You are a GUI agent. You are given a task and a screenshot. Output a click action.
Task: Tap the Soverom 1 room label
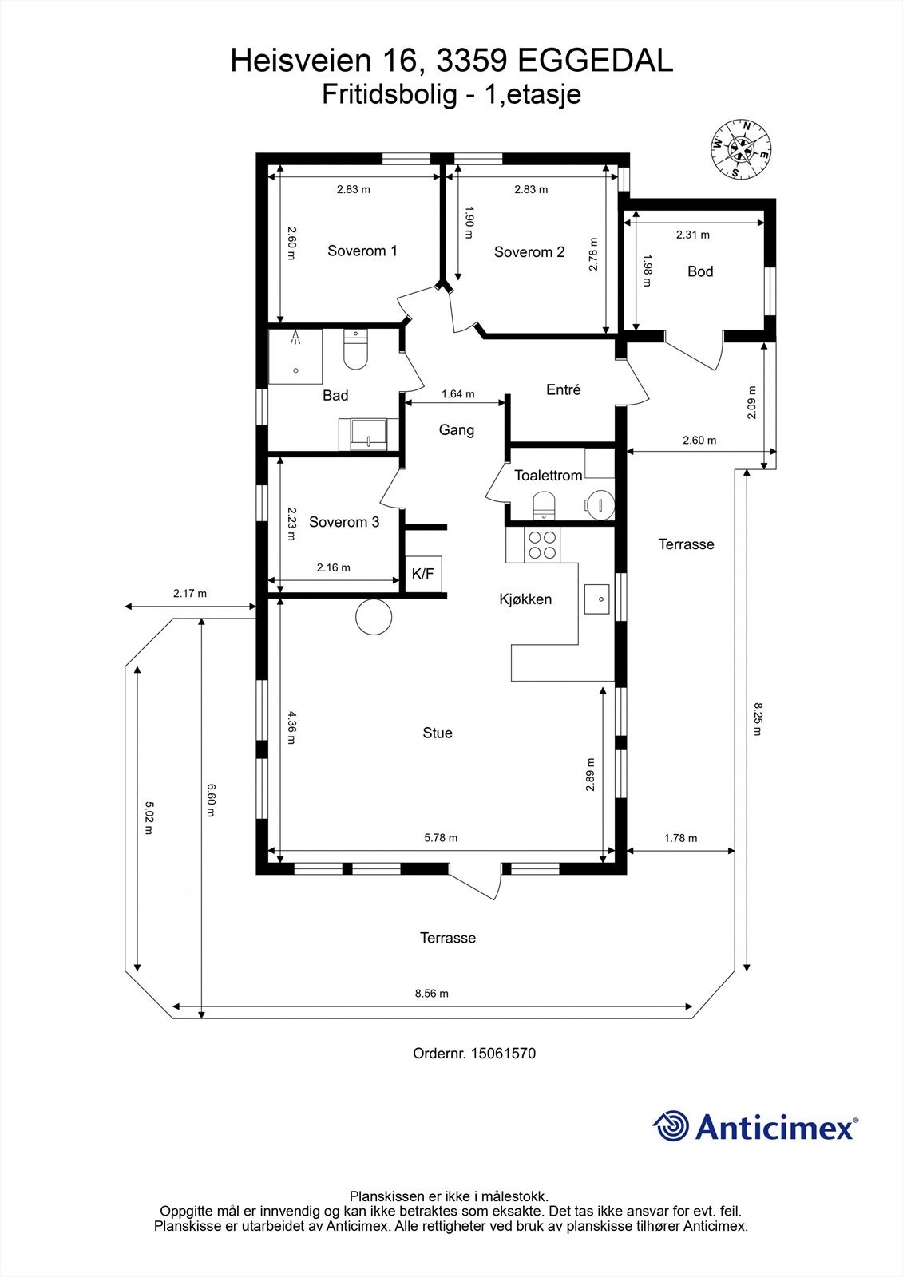click(x=362, y=251)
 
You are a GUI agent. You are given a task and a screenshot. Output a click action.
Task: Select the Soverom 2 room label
click(x=529, y=252)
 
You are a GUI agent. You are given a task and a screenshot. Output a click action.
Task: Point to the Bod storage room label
click(x=699, y=271)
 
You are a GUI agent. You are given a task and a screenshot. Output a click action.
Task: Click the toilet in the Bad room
click(x=355, y=351)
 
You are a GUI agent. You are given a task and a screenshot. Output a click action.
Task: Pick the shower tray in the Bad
click(x=295, y=355)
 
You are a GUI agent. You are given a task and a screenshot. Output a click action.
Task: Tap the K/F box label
click(x=422, y=573)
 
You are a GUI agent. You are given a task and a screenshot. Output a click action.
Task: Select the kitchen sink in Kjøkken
click(x=597, y=598)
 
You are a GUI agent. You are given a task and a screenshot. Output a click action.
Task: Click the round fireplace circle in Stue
click(x=373, y=616)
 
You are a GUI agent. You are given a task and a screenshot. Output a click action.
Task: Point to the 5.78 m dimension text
click(x=441, y=837)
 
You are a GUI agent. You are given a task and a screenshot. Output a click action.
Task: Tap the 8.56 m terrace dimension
click(x=431, y=994)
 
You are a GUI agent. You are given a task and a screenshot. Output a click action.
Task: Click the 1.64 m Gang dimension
click(x=457, y=393)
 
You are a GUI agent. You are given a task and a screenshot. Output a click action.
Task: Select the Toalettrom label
click(x=548, y=476)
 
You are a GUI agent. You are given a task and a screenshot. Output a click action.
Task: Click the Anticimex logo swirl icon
click(x=671, y=1126)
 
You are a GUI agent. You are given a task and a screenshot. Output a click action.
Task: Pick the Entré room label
click(x=563, y=389)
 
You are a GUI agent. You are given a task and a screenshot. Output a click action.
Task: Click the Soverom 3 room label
click(x=343, y=522)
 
